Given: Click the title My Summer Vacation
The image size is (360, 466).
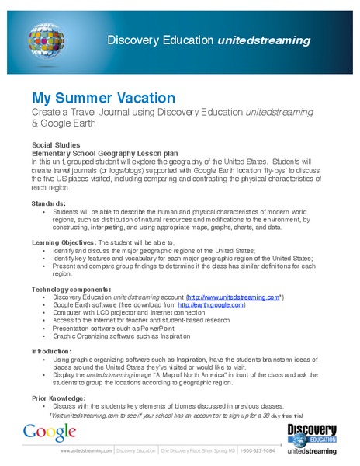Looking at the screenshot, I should tap(103, 99).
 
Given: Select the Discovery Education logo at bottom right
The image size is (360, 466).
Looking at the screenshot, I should tap(312, 439).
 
